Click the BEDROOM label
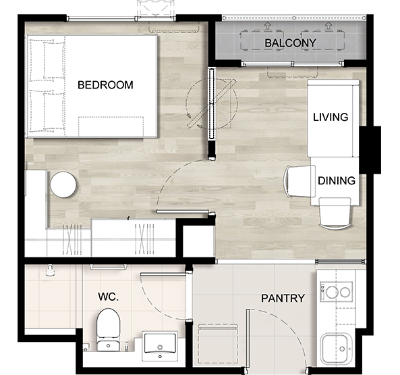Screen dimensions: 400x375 (x=105, y=85)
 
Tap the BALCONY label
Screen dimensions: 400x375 (x=290, y=43)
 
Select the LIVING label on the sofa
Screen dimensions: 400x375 (x=331, y=118)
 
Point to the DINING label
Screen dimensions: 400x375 (x=337, y=181)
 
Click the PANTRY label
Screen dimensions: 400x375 (x=283, y=299)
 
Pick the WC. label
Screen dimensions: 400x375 (x=109, y=297)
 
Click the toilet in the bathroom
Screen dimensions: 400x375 (x=109, y=330)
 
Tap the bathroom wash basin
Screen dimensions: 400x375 (x=160, y=346)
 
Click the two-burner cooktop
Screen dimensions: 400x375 (x=337, y=292)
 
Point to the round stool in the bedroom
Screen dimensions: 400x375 (x=63, y=184)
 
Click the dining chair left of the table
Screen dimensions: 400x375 (x=299, y=181)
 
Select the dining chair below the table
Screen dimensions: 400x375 (x=335, y=213)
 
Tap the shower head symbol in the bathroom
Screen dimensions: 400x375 (x=50, y=270)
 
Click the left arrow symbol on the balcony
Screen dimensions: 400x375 (x=267, y=25)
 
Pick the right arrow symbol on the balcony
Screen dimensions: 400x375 (x=328, y=25)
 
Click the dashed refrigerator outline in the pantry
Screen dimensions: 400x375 (x=218, y=343)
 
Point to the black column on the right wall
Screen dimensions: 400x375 (x=370, y=150)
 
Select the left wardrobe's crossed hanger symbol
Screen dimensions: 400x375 (x=72, y=239)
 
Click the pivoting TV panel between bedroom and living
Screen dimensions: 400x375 (x=212, y=103)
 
